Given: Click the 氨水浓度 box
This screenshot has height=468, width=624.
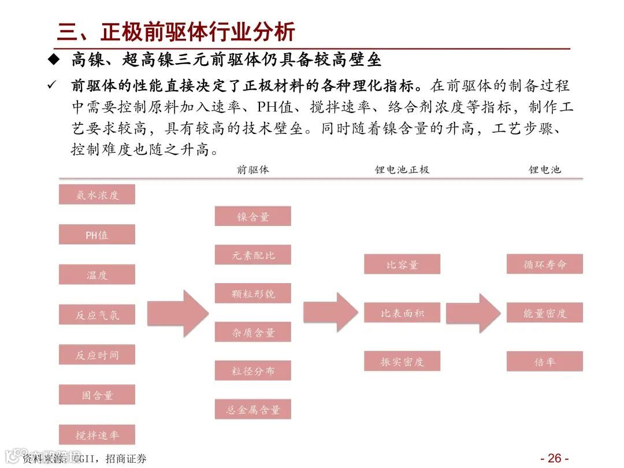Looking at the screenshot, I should point(97,195).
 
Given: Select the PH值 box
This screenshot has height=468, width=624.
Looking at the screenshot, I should point(97,235).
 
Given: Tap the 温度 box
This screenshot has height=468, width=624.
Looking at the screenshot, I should point(97,274).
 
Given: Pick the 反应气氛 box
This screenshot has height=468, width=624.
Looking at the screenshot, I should point(97,314).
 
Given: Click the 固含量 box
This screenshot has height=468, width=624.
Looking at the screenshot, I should point(97,395).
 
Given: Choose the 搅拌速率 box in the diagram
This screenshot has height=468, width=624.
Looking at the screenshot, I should point(97,434).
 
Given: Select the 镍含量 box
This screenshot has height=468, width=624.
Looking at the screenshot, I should point(252,216).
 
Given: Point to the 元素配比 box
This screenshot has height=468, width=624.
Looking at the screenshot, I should point(252,255).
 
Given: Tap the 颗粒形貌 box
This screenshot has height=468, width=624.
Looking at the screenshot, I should point(252,293).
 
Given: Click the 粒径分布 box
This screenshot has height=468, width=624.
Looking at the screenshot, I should point(252,370).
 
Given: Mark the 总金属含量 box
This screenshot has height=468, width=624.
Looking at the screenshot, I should point(252,409).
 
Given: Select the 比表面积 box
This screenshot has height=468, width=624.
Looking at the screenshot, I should point(402,313).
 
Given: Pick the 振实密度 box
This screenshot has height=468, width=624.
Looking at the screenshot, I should point(402,361).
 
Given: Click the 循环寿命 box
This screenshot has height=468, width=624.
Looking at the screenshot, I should point(545,264).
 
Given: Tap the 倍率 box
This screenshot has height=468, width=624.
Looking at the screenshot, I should point(545,361).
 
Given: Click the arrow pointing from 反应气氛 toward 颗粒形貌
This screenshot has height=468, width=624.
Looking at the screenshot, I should point(177,313).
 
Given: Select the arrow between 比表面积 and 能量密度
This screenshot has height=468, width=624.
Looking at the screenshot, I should point(473,313).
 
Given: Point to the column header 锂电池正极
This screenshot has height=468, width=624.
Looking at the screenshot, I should point(402,169).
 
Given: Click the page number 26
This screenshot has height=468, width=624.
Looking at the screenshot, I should point(554,458).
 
